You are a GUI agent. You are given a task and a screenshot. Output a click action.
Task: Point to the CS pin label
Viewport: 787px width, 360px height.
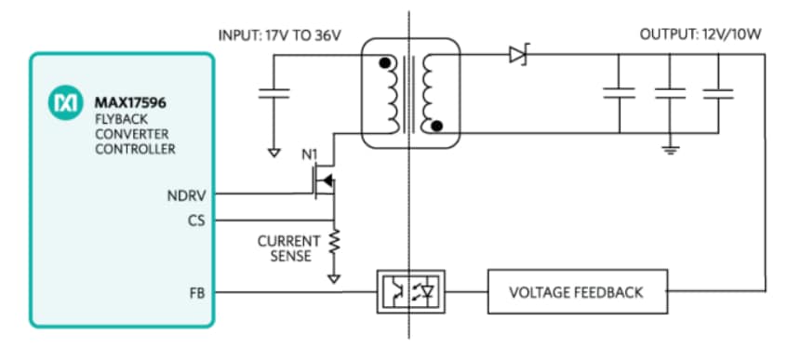pyautogui.click(x=196, y=220)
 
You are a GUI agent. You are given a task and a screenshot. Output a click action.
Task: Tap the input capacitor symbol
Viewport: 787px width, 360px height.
pyautogui.click(x=274, y=92)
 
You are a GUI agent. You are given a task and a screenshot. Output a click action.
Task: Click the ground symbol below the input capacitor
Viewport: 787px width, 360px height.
pyautogui.click(x=274, y=152)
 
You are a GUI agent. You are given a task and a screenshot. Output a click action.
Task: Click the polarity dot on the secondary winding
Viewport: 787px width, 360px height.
pyautogui.click(x=439, y=125)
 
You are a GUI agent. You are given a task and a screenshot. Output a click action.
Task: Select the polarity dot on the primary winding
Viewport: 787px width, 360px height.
pyautogui.click(x=382, y=64)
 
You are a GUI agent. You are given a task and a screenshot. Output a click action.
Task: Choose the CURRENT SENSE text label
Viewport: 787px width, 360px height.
pyautogui.click(x=288, y=247)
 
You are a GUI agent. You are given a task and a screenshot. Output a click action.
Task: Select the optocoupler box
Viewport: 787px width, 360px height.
pyautogui.click(x=410, y=292)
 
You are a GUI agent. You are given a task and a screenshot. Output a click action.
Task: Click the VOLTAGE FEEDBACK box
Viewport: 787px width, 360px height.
pyautogui.click(x=576, y=292)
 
